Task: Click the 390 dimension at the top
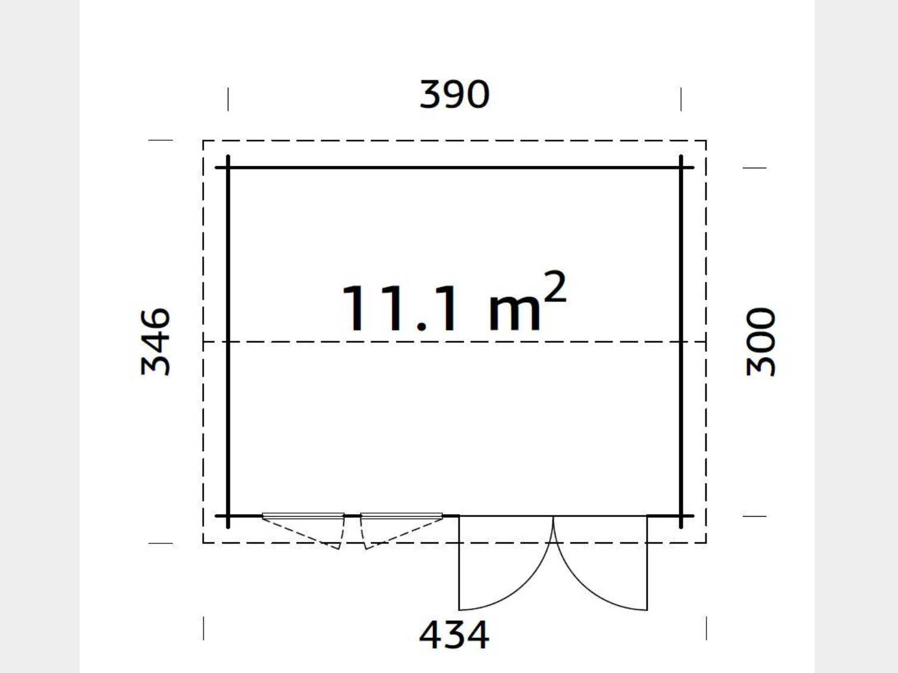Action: click(x=454, y=95)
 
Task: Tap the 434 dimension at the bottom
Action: click(x=454, y=634)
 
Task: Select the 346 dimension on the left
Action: click(x=155, y=341)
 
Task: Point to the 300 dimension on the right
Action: click(x=761, y=342)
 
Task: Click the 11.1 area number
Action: click(x=399, y=309)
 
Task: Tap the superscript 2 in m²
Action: click(x=555, y=287)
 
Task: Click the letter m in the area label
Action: click(x=514, y=313)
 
